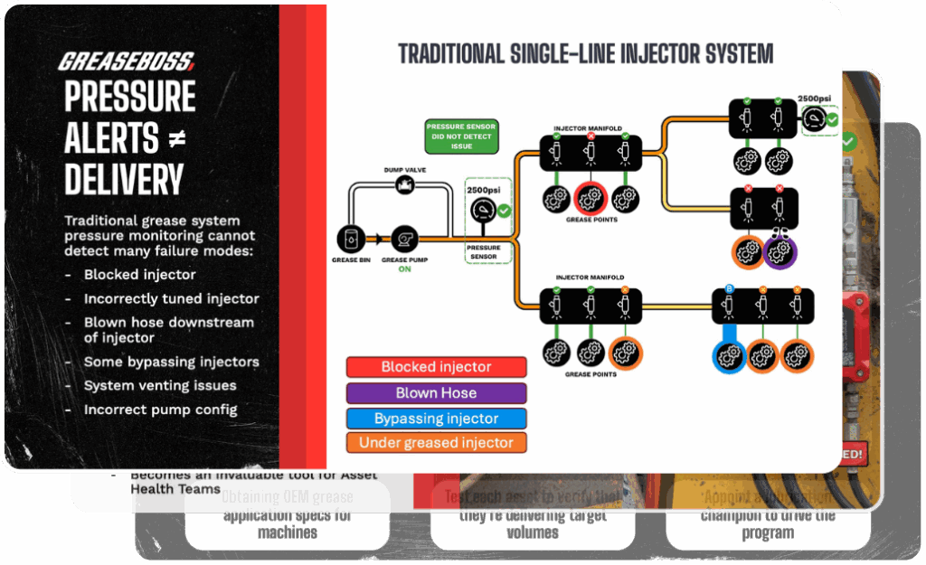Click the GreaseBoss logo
coord(127,61)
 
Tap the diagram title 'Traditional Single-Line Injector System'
coord(585,53)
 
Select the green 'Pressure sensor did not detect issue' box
coord(461,136)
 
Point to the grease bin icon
coord(347,239)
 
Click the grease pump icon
coord(401,239)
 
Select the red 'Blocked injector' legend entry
coord(436,367)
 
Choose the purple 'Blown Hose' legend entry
coord(436,393)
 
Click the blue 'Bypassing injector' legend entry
coord(436,419)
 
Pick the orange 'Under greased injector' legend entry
coord(436,443)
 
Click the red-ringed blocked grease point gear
coord(590,199)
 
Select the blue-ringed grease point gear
coord(728,356)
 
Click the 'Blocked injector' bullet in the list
coord(140,275)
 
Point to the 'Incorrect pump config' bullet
coord(160,410)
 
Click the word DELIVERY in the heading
coord(124,180)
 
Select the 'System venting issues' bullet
coord(160,386)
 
